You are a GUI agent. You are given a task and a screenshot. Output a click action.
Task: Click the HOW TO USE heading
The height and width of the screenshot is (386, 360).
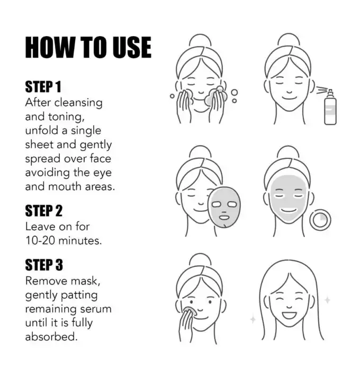pos(88,48)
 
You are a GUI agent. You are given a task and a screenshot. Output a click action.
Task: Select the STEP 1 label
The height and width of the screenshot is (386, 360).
pos(43,87)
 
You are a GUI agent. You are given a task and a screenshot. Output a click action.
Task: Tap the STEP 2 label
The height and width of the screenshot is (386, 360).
pos(44,211)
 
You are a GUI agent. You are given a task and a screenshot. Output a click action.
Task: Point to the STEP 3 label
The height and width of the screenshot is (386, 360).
pos(44,265)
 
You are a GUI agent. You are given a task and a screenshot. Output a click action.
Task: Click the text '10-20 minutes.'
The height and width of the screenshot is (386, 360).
pos(64,240)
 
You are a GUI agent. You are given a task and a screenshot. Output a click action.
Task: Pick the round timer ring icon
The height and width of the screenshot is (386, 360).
pos(320,220)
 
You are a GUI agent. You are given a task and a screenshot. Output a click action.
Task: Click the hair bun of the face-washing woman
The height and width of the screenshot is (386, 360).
pos(200,41)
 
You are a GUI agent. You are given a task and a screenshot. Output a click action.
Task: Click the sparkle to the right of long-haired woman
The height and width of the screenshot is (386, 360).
pos(327,300)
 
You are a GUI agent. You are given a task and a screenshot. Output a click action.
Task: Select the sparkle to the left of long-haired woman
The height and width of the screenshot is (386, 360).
pos(253,319)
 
